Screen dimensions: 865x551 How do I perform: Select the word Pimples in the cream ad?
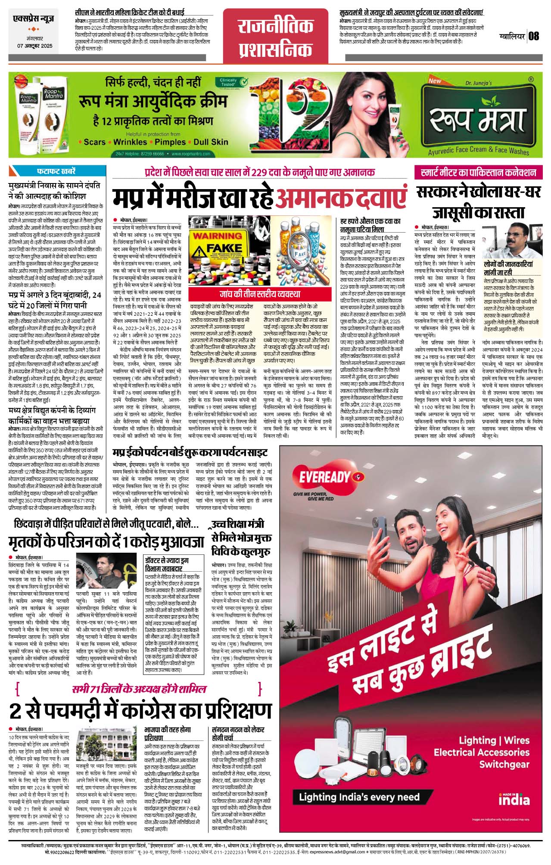(170, 142)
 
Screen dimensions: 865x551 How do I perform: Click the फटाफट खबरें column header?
(56, 171)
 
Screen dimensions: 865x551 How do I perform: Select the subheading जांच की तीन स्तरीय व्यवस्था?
(259, 294)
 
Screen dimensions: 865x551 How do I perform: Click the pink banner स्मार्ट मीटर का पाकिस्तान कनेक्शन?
(478, 173)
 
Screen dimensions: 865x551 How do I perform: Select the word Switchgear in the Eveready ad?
(504, 765)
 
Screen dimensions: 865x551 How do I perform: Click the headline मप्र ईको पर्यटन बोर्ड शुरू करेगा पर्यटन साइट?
(190, 452)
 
